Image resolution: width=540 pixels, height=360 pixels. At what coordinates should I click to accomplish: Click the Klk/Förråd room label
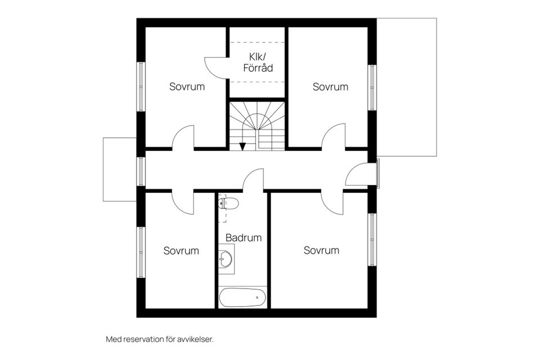[258, 62]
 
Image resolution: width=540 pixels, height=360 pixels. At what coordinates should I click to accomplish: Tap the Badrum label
[244, 238]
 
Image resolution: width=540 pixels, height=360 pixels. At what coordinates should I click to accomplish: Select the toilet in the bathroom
[228, 202]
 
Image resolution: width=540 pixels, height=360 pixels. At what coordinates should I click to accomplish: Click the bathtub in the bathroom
[242, 298]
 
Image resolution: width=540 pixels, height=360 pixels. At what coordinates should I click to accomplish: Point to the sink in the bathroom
[226, 259]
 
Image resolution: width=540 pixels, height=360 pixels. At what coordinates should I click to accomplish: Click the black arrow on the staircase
[242, 146]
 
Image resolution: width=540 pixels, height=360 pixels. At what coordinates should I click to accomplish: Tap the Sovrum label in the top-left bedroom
[187, 87]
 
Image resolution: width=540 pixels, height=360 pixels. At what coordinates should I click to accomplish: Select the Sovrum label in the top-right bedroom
[330, 87]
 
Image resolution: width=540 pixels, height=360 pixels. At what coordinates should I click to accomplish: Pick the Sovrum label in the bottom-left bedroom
[181, 250]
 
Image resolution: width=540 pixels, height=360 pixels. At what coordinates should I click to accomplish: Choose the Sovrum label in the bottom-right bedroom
[321, 250]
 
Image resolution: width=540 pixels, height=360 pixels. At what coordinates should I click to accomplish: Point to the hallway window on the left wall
[141, 171]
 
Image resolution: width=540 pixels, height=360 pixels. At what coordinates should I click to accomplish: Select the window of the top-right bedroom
[372, 88]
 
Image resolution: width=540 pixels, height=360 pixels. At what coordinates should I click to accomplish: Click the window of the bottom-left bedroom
[141, 252]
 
